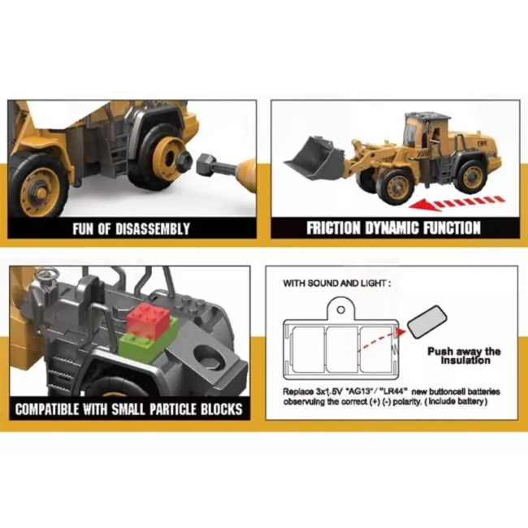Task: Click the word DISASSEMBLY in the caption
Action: [153, 229]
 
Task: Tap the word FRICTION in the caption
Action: [333, 228]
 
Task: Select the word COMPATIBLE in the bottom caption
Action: [47, 409]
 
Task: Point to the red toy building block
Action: [148, 321]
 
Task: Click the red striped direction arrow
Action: [457, 203]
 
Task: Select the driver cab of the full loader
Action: [427, 132]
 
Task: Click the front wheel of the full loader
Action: [396, 187]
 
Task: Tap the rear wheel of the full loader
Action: [473, 176]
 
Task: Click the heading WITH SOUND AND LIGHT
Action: [337, 283]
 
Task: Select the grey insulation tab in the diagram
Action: [427, 322]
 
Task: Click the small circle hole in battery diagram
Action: [341, 309]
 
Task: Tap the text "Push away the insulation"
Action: [464, 356]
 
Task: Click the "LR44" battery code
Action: [394, 392]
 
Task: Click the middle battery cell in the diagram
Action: [342, 349]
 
